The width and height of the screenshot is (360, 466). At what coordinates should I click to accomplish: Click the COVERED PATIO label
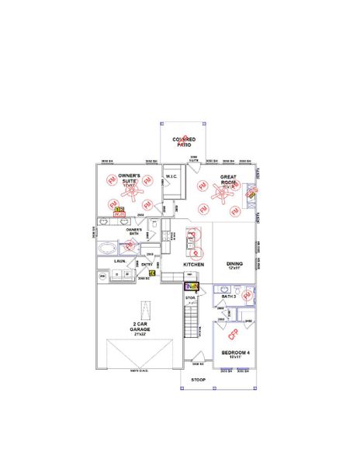point(184,142)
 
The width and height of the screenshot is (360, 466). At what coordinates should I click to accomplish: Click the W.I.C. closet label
point(171,178)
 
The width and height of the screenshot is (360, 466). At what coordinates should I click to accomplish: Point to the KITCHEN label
point(193,265)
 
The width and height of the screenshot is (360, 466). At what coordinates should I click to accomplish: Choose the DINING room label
point(235,265)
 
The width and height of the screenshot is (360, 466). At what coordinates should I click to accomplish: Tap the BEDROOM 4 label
point(234,354)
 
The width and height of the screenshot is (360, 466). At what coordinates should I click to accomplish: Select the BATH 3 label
point(228,296)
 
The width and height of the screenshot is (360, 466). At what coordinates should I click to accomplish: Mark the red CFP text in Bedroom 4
point(232,335)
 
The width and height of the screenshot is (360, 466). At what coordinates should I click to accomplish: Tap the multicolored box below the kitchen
point(191,286)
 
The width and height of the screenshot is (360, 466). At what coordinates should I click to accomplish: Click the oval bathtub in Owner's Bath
point(107,249)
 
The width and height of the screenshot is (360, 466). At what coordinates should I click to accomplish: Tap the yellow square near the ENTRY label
point(152,273)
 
